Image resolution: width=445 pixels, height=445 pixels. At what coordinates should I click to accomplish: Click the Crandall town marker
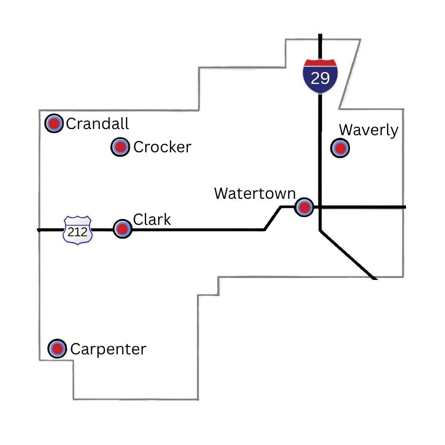click(x=54, y=124)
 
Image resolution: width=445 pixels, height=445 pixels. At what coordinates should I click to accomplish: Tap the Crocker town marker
click(x=121, y=147)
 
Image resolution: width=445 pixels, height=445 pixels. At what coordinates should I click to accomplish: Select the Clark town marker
click(x=122, y=229)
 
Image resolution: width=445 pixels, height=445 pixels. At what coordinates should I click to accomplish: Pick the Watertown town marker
click(x=304, y=207)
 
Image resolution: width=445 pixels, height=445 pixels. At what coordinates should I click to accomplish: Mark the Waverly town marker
click(x=340, y=148)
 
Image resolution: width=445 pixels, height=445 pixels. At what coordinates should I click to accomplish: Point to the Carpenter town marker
click(x=58, y=349)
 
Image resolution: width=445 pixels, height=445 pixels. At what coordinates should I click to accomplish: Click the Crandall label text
click(x=97, y=124)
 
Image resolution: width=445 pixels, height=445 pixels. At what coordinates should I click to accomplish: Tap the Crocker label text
click(x=162, y=147)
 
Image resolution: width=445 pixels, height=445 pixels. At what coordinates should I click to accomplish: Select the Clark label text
click(x=152, y=220)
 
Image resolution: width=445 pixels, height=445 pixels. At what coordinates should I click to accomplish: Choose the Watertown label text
click(x=255, y=194)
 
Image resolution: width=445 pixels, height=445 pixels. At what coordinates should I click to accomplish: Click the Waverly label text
click(x=369, y=130)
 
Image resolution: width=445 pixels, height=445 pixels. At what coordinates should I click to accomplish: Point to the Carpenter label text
click(x=108, y=349)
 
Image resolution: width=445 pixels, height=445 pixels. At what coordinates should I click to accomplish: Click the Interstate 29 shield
click(x=320, y=76)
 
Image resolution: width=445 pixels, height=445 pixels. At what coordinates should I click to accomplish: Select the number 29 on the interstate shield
click(x=320, y=78)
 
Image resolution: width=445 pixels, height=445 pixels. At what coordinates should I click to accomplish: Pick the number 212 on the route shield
click(x=77, y=232)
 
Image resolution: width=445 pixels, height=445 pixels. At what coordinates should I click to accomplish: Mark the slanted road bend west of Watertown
click(x=272, y=218)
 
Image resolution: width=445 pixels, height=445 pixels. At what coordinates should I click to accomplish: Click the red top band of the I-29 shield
click(x=320, y=63)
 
